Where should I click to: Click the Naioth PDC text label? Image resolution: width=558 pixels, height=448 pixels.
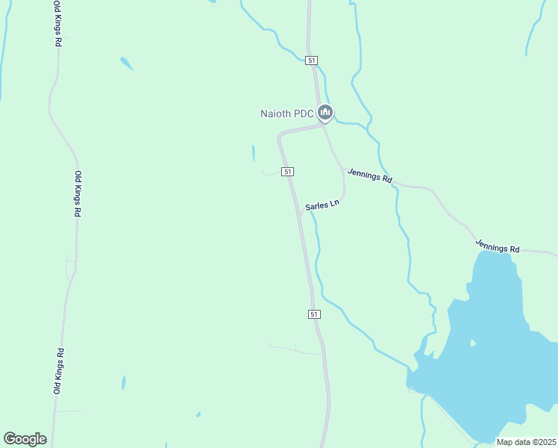coord(286,113)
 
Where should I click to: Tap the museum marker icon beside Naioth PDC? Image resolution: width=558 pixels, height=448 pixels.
coord(325,113)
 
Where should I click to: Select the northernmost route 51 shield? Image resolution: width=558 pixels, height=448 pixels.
coord(312,60)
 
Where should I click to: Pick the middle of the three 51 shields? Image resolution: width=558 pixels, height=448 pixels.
coord(287,172)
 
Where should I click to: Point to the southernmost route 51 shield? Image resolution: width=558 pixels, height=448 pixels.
coord(313,314)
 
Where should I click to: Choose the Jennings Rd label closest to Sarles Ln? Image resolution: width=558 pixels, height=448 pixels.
coord(369,176)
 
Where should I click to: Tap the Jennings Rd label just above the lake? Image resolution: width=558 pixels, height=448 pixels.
coord(498,246)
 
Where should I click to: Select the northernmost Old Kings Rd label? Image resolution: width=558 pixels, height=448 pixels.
coord(57,24)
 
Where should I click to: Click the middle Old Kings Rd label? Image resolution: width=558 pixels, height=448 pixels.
coord(77,194)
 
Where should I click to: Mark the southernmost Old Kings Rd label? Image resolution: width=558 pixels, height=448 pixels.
coord(57,371)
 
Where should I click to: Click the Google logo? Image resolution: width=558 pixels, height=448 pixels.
coord(25,439)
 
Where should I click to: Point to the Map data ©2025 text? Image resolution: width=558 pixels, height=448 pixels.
coord(526,442)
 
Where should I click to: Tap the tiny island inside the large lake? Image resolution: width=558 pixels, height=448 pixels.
coord(472,343)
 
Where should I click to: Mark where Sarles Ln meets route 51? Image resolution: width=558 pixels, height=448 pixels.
coord(300,215)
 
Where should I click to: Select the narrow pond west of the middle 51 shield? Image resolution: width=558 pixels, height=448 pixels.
coord(254,153)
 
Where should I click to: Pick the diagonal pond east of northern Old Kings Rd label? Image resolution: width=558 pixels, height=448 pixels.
coord(127,64)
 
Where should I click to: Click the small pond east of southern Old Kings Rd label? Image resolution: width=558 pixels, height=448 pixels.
coord(123,382)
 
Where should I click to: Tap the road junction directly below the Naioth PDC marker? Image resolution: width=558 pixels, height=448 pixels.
coord(323,125)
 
